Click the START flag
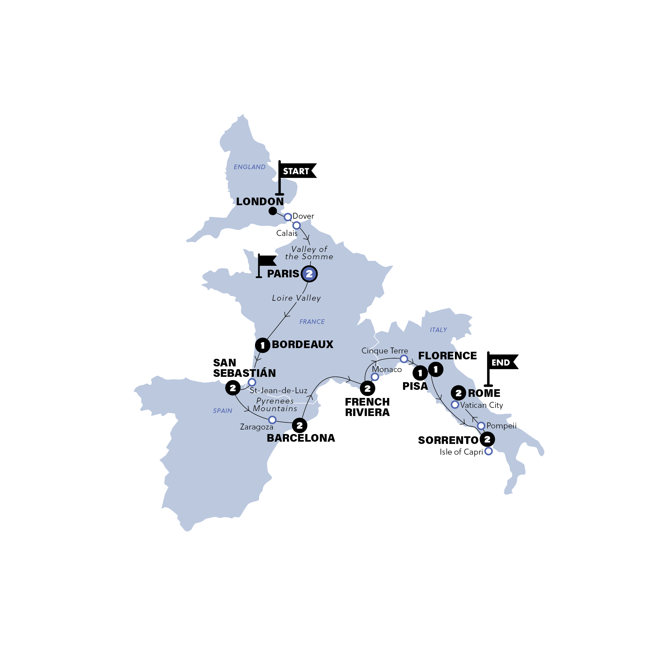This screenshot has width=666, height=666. (296, 171)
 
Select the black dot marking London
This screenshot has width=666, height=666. (273, 211)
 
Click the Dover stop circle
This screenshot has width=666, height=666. (288, 217)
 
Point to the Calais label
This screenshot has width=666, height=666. (287, 233)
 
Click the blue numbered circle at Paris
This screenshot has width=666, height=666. (309, 274)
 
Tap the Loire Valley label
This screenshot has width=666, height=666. (296, 298)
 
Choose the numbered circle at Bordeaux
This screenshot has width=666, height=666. (263, 345)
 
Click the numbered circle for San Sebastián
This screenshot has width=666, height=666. (233, 388)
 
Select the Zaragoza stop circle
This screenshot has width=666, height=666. (272, 420)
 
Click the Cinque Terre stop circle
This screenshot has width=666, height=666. (404, 359)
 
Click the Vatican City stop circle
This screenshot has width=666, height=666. (455, 405)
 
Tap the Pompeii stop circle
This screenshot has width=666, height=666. (481, 426)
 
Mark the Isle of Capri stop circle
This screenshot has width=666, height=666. (488, 451)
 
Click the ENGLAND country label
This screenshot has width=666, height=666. (250, 167)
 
